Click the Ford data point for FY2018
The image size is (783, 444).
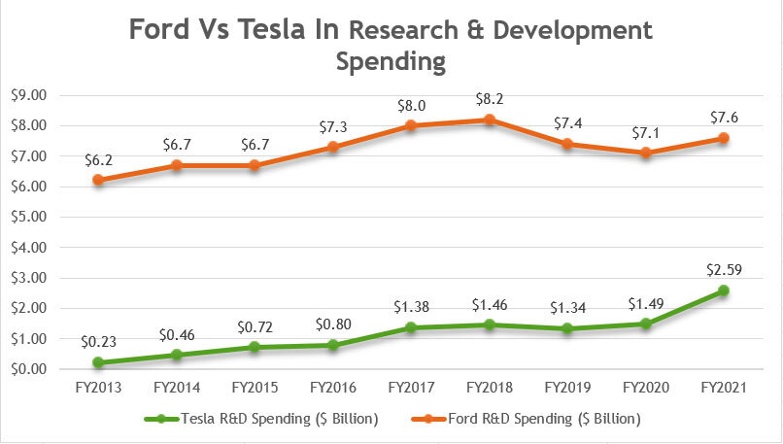click(491, 120)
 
